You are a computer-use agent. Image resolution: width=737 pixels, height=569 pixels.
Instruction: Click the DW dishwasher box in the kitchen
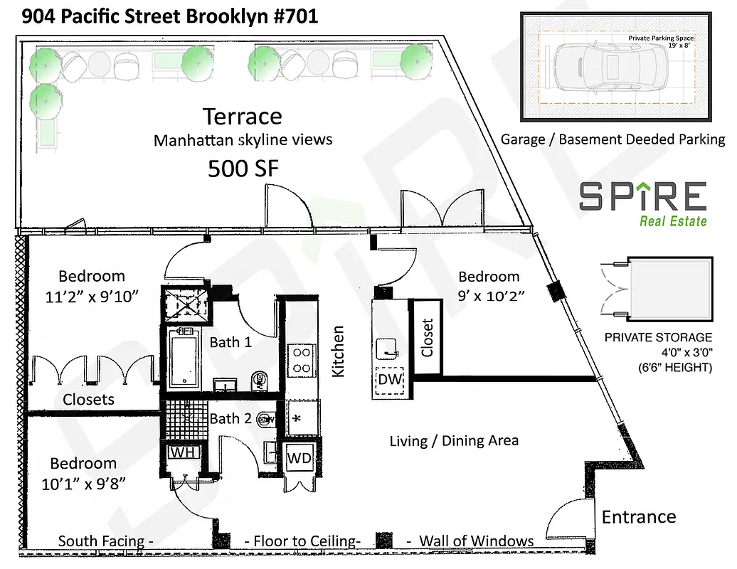pos(389,380)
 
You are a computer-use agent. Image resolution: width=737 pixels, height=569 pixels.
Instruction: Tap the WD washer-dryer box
pos(299,458)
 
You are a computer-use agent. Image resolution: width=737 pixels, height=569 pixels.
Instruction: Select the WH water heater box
pos(184,452)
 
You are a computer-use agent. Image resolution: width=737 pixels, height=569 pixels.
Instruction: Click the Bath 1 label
pos(230,342)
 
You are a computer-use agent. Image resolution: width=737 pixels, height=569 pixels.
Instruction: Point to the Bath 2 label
pos(230,418)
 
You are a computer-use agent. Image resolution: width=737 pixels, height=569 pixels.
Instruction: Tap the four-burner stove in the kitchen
pos(301,359)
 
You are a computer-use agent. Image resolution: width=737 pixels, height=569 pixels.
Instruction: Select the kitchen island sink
pos(387,348)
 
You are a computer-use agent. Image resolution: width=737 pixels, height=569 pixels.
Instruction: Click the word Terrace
pos(242,116)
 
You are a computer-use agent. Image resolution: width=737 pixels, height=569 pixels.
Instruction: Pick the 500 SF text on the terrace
pos(242,168)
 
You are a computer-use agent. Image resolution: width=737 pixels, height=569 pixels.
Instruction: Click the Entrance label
pos(639,517)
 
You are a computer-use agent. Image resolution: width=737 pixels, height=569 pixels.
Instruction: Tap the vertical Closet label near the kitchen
pos(427,337)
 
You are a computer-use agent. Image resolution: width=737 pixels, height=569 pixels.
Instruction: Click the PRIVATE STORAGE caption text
pos(657,337)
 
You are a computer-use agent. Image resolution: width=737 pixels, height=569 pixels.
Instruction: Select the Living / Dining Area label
pos(454,441)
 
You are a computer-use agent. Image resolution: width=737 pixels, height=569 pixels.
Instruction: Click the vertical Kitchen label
pos(339,351)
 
